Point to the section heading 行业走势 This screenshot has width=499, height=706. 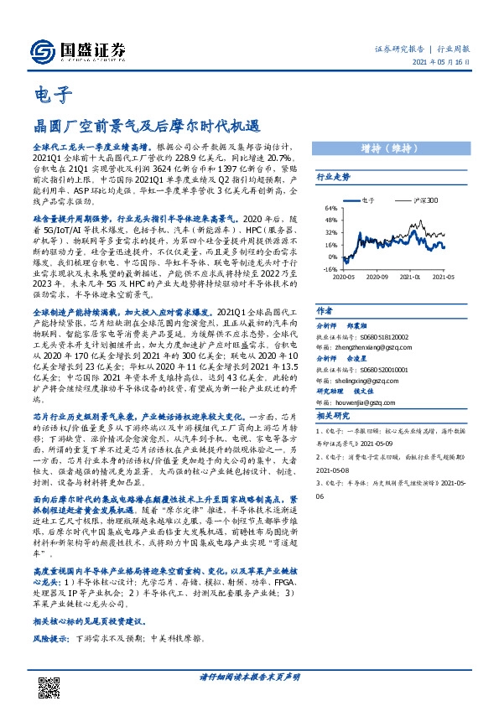[333, 178]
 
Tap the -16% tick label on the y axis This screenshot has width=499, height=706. [330, 270]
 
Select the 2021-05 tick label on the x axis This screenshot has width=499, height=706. [443, 276]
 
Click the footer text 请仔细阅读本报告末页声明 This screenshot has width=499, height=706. [249, 676]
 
